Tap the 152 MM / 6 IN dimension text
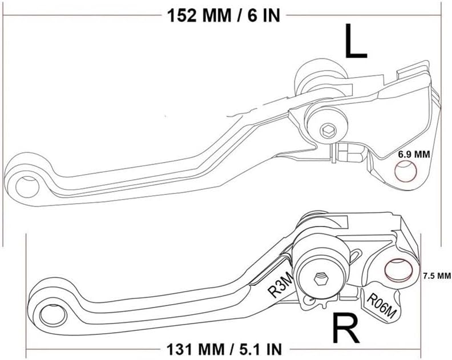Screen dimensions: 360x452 [x=223, y=15]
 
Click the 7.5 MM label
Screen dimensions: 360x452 [x=437, y=276]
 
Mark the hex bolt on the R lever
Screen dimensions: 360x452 [x=320, y=279]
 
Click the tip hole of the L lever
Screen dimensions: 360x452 [x=25, y=184]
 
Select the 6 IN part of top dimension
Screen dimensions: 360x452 [x=263, y=15]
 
